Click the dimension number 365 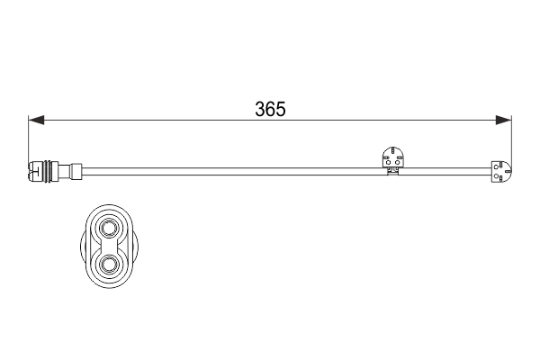point(270,109)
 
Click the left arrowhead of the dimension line point(36,121)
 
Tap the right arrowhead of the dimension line point(503,121)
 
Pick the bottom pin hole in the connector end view point(109,264)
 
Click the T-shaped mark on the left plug point(34,170)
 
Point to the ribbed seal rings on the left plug point(48,170)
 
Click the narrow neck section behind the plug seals point(64,170)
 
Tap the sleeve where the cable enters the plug point(76,170)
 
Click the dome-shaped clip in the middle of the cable point(393,157)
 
